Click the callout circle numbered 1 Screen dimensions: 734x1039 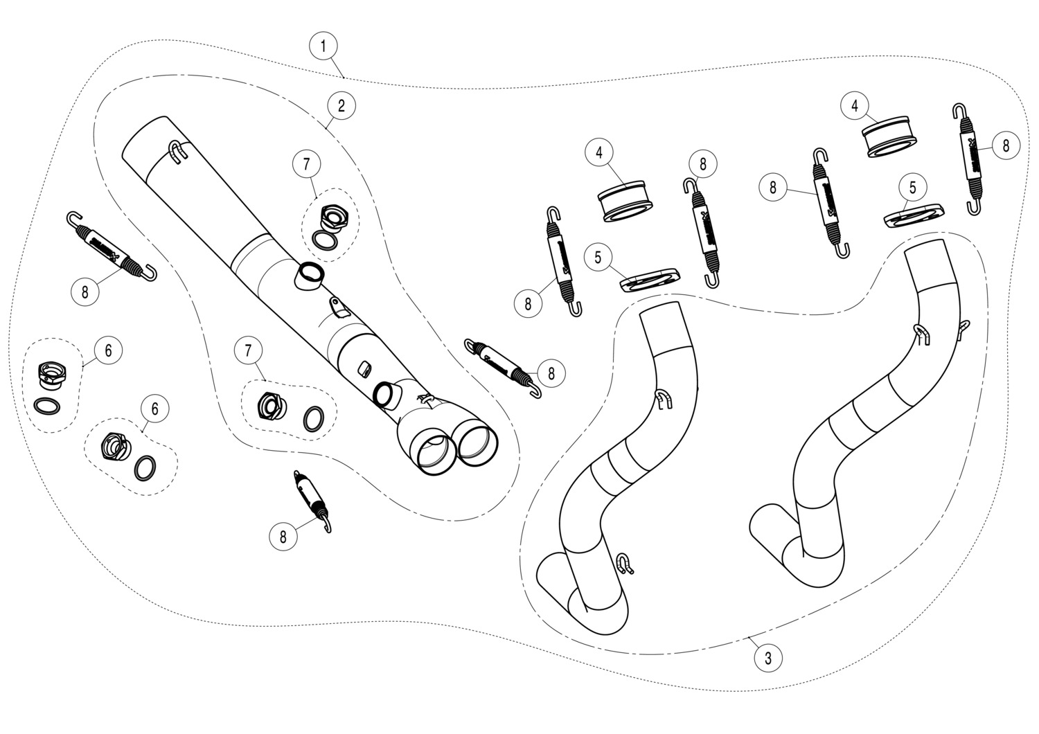pyautogui.click(x=323, y=46)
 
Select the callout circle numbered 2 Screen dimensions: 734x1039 pyautogui.click(x=341, y=106)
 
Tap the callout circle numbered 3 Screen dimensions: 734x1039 pyautogui.click(x=767, y=658)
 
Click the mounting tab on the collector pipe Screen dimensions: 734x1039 pyautogui.click(x=337, y=306)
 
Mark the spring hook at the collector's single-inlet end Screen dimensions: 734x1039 pyautogui.click(x=178, y=152)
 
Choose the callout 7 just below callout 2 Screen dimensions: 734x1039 pyautogui.click(x=307, y=164)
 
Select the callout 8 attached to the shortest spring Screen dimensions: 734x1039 pyautogui.click(x=283, y=535)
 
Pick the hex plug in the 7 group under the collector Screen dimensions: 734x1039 pyautogui.click(x=269, y=406)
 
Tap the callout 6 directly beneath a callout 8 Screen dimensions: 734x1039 pyautogui.click(x=108, y=350)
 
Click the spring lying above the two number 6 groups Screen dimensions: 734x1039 pyautogui.click(x=111, y=245)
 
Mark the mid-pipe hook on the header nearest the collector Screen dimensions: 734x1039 pyautogui.click(x=663, y=397)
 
